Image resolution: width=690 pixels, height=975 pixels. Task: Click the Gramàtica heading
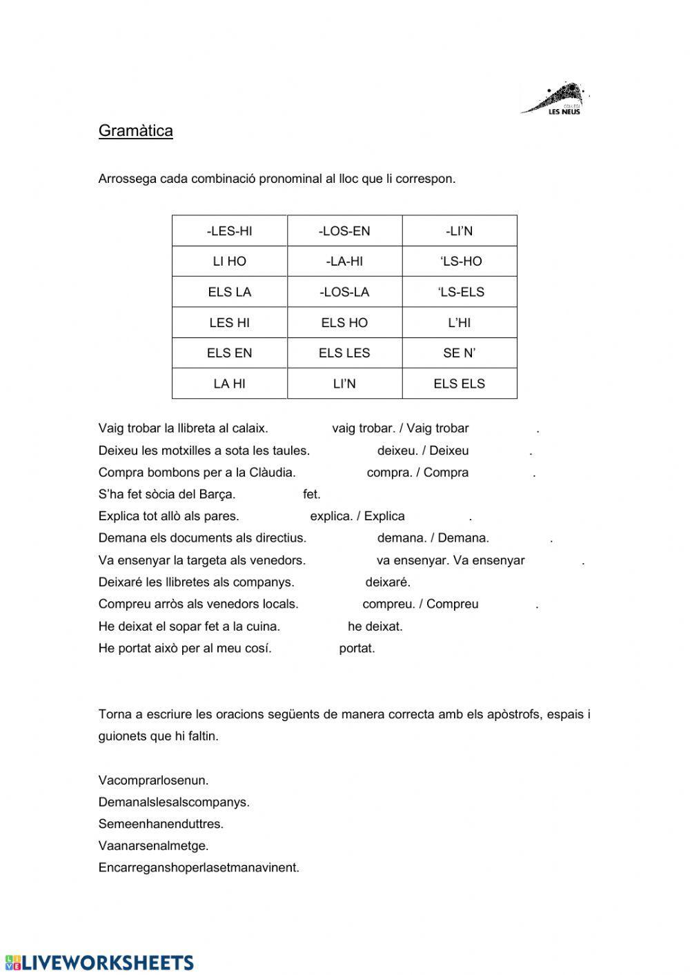(135, 131)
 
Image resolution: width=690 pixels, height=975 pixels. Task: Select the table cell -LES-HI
(229, 231)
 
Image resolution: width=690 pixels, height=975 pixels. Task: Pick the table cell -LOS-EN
(344, 231)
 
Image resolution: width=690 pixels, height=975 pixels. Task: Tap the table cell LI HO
(229, 262)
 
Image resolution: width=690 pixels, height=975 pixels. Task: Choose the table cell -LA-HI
(344, 262)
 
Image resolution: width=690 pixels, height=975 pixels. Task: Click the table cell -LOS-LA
(344, 292)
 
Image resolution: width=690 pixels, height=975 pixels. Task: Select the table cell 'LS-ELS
(460, 292)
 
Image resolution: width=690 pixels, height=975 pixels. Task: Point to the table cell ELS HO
(344, 322)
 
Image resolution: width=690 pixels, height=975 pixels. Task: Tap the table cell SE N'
(460, 353)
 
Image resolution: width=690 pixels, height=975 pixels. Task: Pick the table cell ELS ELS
(460, 384)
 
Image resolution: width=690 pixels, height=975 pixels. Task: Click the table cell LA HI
(229, 384)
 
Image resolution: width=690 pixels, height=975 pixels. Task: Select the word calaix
(250, 429)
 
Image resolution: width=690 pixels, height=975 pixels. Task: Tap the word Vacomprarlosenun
(153, 780)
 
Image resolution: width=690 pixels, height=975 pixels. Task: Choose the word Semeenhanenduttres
(161, 824)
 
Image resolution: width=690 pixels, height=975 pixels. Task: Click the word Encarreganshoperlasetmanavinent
(199, 867)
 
